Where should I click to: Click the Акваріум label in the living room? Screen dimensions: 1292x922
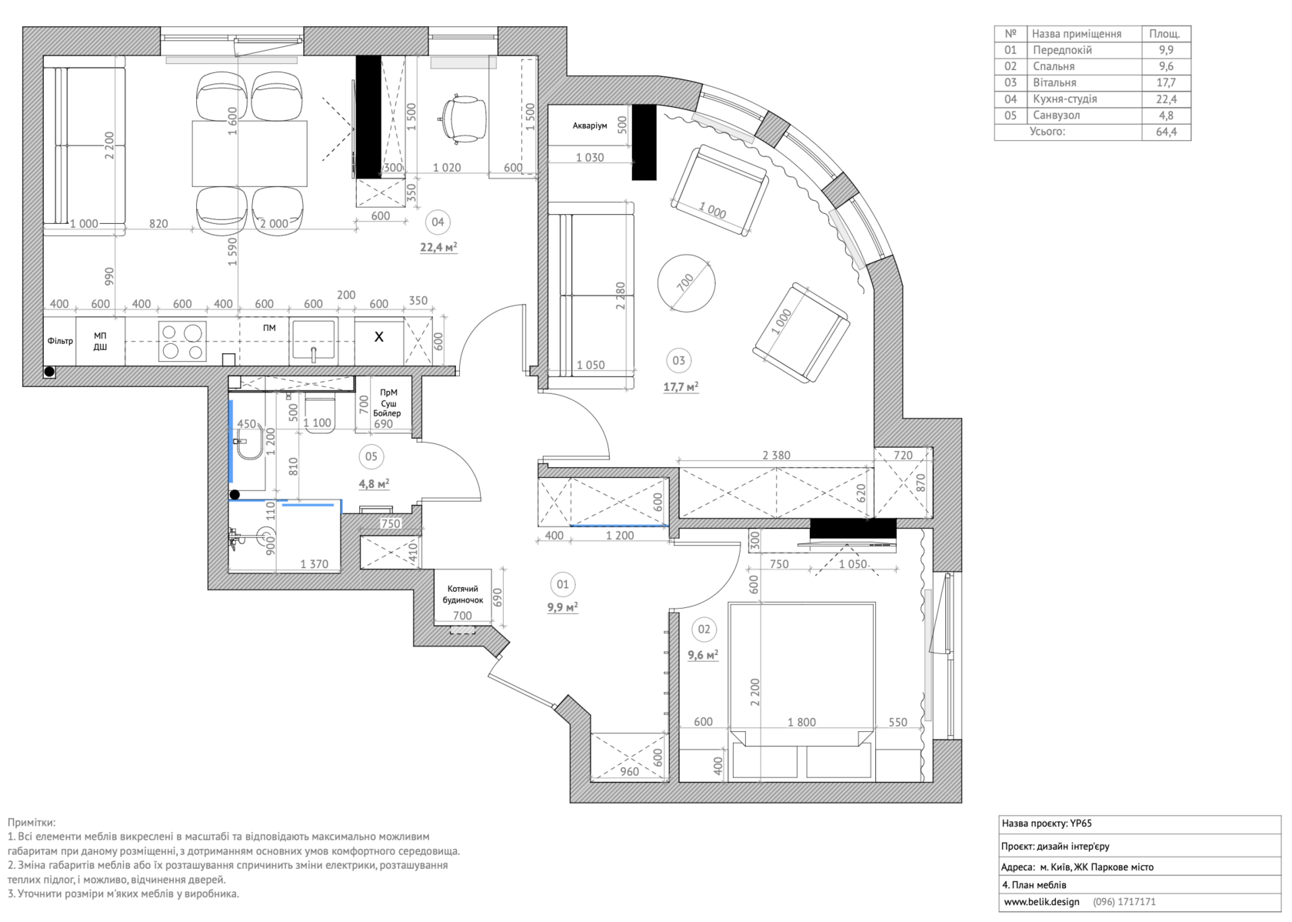(x=589, y=125)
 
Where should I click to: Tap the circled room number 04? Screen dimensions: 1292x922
(x=437, y=222)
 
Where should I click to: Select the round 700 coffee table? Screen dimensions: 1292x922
(x=686, y=283)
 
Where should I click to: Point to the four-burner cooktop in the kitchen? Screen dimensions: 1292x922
(x=182, y=341)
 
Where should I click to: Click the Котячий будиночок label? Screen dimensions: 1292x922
(x=463, y=594)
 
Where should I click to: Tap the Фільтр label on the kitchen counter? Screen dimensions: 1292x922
(x=60, y=341)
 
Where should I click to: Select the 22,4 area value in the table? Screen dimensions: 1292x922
(x=1166, y=99)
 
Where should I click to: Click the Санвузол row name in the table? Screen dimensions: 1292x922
(x=1056, y=115)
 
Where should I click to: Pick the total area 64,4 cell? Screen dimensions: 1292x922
(x=1166, y=132)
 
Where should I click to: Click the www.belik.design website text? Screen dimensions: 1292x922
(x=1041, y=902)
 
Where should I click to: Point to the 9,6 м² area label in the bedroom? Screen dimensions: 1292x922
(x=703, y=655)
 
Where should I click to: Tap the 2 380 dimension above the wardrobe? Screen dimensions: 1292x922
(x=777, y=455)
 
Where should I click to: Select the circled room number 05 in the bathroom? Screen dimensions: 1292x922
(x=371, y=456)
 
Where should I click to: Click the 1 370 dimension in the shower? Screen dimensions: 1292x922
(x=314, y=564)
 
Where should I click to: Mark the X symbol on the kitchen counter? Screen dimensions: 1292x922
(x=379, y=336)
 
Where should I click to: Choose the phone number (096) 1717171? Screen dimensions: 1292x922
(x=1124, y=902)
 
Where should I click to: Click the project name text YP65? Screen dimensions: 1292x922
(x=1081, y=823)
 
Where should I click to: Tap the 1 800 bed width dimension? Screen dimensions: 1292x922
(x=801, y=722)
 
